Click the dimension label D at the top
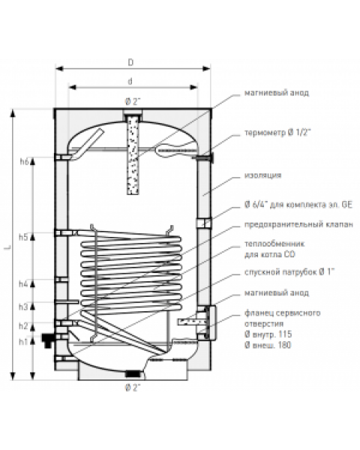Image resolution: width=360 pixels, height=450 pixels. click(x=130, y=62)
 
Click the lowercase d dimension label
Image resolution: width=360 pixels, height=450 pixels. click(x=130, y=82)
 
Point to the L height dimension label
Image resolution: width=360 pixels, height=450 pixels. click(x=7, y=247)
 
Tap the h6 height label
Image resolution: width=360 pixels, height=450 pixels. click(x=25, y=162)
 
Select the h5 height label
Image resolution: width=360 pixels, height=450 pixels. click(x=23, y=237)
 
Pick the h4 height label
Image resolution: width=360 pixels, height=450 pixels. click(x=23, y=284)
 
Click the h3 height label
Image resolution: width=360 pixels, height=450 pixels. click(x=23, y=307)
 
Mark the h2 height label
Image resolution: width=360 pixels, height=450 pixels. click(x=23, y=326)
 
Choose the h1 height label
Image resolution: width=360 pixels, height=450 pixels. click(x=23, y=342)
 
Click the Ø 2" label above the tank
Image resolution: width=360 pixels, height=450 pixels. click(x=133, y=101)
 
